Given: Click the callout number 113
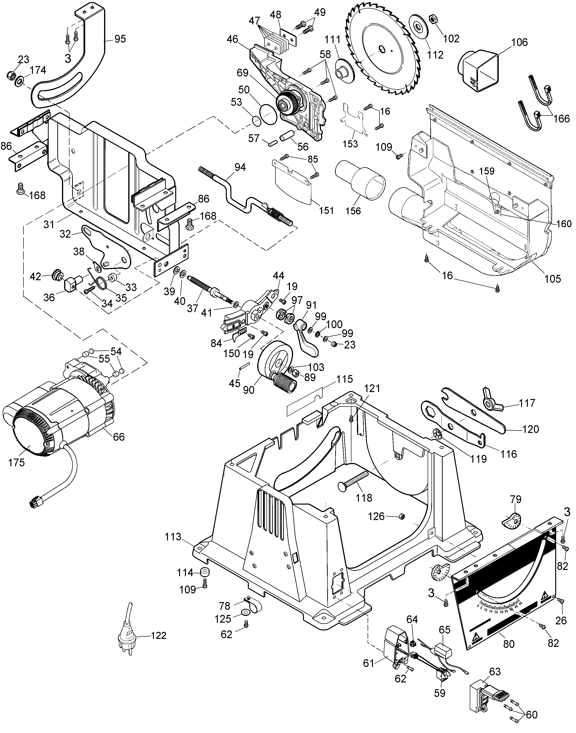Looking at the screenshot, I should pyautogui.click(x=173, y=537).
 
